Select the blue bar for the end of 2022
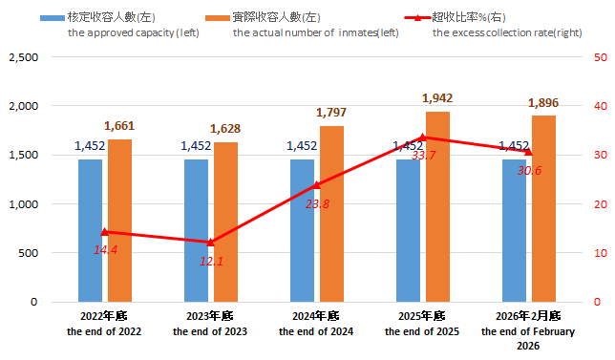tap(90, 230)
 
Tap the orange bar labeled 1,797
tap(331, 214)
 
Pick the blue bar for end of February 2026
tap(514, 230)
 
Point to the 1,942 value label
tap(439, 97)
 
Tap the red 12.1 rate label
tap(211, 261)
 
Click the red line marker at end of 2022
tap(105, 232)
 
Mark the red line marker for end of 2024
tap(317, 185)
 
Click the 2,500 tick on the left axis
tap(22, 57)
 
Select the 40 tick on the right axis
tap(599, 106)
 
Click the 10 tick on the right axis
tap(599, 253)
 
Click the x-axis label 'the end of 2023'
tap(210, 331)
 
